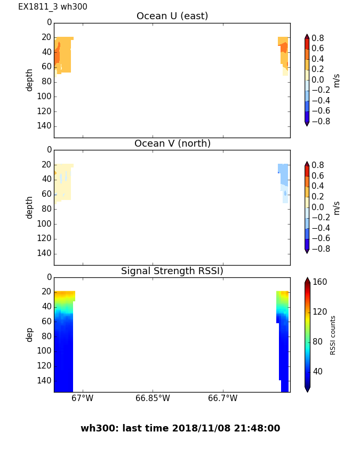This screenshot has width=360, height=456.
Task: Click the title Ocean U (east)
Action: (x=172, y=17)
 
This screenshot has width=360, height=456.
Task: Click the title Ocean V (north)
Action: (x=172, y=144)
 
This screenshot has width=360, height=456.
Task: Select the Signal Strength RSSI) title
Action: (x=172, y=271)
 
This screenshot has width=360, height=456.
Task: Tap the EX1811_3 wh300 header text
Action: (x=53, y=7)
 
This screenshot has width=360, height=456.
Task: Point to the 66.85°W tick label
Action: (x=153, y=398)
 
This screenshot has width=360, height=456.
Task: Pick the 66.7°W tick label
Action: (x=222, y=398)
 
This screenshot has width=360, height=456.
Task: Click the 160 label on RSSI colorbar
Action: (x=320, y=282)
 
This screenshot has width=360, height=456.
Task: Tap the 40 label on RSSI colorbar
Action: (x=318, y=372)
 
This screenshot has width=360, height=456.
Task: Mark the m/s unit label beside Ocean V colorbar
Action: (x=337, y=207)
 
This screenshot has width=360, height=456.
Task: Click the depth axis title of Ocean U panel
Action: (x=30, y=80)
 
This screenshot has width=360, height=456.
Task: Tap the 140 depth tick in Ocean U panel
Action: (x=45, y=126)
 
